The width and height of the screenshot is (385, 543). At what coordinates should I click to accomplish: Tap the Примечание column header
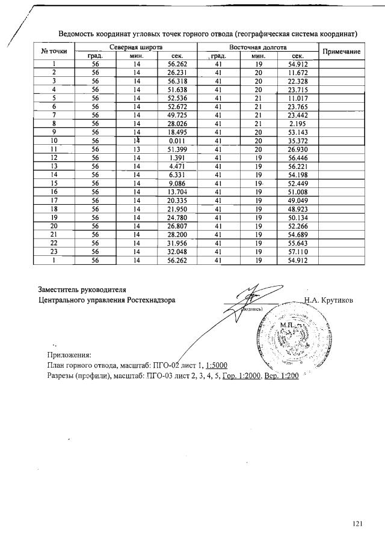(341, 52)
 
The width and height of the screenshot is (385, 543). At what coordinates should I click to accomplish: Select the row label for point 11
(54, 148)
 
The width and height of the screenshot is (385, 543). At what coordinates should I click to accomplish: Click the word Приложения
(69, 355)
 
